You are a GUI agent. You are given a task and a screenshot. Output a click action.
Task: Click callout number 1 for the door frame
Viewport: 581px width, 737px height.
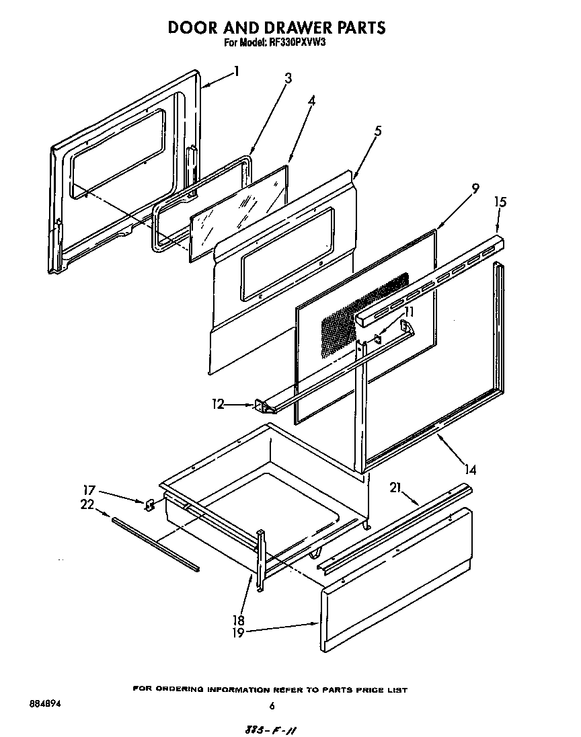point(236,70)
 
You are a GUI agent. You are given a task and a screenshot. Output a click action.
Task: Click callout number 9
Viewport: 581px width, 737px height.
point(475,188)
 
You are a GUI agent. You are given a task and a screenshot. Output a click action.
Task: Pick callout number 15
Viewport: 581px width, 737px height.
point(500,202)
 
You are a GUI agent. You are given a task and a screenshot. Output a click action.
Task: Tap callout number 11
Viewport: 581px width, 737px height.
point(409,312)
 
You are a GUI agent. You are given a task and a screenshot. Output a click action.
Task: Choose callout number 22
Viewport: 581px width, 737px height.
point(87,505)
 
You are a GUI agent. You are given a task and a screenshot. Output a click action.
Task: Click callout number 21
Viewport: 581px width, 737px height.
point(395,488)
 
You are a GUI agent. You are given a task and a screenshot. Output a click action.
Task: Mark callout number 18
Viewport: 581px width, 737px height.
point(238,620)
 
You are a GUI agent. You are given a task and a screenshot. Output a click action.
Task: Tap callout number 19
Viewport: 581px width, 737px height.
point(238,632)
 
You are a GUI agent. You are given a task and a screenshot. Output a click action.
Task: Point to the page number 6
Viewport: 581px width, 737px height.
point(272,706)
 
